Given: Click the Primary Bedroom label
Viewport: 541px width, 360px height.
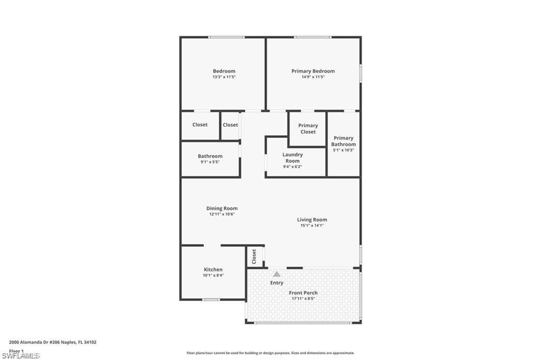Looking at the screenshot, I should tap(313, 71).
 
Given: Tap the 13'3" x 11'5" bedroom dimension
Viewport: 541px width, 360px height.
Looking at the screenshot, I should tap(224, 77).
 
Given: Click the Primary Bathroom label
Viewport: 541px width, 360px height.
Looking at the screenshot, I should tap(343, 141).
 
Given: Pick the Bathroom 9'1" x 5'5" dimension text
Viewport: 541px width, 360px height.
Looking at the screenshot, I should tap(210, 162).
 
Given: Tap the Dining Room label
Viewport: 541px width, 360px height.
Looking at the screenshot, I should tap(222, 209).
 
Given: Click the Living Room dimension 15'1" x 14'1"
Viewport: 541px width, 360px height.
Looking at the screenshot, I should tap(312, 225).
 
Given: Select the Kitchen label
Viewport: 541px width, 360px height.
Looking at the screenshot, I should tap(213, 270).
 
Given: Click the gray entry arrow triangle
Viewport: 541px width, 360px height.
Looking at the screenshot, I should tap(276, 274).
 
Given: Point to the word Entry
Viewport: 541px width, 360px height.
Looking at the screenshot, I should tap(277, 283).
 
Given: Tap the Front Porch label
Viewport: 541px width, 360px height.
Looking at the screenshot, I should tap(303, 292).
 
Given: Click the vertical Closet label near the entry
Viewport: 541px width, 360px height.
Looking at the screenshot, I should tap(254, 257).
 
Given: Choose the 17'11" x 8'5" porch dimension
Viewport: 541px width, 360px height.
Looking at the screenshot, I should tap(303, 299).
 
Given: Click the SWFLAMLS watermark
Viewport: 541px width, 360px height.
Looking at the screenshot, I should tap(21, 356).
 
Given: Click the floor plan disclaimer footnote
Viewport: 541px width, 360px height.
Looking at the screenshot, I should tap(270, 353).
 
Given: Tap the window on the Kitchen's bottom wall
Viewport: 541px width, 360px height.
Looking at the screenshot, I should tap(211, 300).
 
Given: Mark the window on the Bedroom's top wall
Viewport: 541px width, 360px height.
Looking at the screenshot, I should tap(226, 37).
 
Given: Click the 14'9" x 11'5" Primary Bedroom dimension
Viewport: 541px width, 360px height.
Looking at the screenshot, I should tap(313, 77).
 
